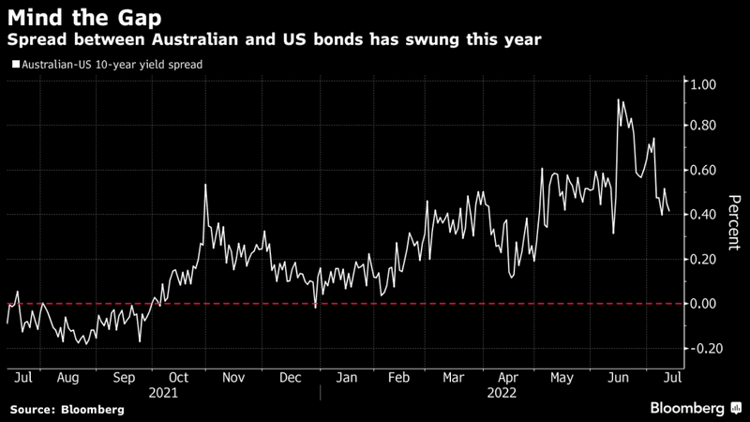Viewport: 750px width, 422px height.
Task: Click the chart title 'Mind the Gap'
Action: point(83,17)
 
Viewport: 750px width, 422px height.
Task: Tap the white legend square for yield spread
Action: point(14,66)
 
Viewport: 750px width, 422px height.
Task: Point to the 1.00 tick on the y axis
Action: point(702,84)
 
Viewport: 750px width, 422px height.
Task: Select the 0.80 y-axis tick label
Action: point(702,126)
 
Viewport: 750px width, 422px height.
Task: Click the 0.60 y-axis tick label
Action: point(702,170)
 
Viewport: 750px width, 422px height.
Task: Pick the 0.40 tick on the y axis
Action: point(702,214)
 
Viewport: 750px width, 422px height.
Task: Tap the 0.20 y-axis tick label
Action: point(702,259)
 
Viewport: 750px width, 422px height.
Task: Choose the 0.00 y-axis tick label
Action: point(702,303)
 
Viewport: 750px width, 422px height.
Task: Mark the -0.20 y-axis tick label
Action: point(700,348)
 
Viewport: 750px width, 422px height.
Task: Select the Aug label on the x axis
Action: point(67,378)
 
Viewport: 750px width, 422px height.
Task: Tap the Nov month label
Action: point(233,378)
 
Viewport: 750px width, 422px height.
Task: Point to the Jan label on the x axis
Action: point(347,378)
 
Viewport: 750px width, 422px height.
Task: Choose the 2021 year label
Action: point(165,394)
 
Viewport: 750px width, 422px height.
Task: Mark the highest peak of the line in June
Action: point(619,99)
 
